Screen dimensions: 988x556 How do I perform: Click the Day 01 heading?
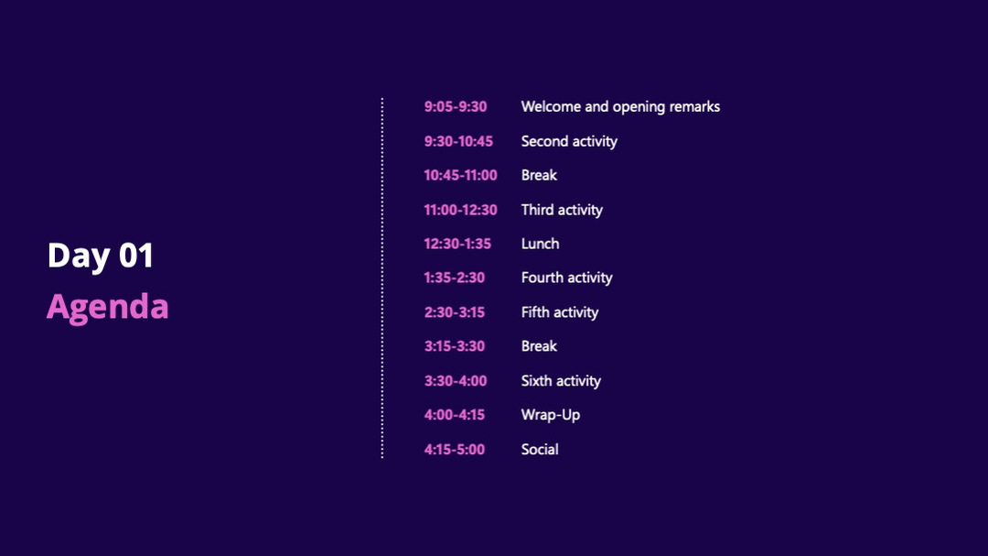(101, 256)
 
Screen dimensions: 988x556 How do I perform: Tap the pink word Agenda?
(108, 308)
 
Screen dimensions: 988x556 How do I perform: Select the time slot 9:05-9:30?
(455, 106)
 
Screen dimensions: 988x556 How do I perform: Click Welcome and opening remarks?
(620, 107)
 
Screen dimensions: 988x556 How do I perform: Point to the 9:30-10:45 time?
(458, 141)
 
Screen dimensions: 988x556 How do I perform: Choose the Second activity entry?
(569, 142)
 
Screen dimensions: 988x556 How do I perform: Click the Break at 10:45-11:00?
(539, 175)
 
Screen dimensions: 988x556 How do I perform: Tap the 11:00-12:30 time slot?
(460, 210)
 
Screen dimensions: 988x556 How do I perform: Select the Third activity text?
(562, 210)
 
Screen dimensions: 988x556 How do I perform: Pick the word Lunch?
(540, 244)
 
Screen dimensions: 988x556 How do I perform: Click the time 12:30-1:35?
(456, 244)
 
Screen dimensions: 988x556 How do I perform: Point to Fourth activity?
(566, 278)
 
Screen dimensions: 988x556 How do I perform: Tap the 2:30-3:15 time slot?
(454, 312)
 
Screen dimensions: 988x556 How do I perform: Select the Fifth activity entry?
(560, 313)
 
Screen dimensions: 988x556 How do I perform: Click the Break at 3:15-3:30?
(539, 346)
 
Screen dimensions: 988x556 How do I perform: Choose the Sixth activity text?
(561, 381)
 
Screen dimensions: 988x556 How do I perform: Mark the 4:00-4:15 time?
(454, 415)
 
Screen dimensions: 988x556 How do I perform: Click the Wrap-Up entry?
(550, 415)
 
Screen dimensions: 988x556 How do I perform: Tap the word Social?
(540, 450)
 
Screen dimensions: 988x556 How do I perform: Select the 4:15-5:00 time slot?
(454, 450)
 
